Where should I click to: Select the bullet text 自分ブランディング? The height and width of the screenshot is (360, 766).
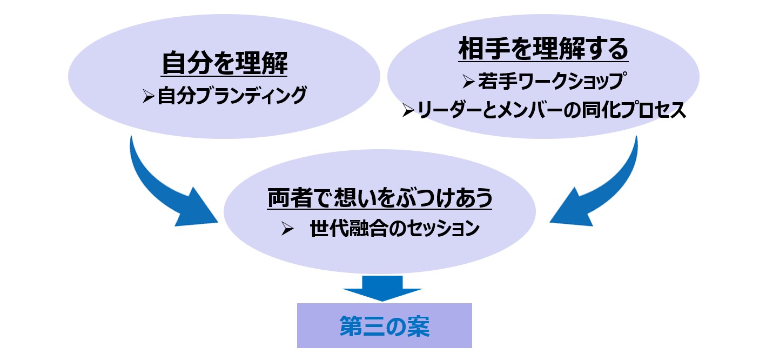click(x=232, y=96)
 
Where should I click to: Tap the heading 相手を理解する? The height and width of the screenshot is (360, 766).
click(x=543, y=50)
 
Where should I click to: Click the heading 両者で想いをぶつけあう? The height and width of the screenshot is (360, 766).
click(x=380, y=199)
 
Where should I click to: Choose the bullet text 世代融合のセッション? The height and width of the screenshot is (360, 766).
click(x=395, y=229)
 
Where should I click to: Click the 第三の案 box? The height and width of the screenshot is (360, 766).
click(x=385, y=325)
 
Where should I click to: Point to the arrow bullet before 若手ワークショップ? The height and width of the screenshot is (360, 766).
click(x=468, y=82)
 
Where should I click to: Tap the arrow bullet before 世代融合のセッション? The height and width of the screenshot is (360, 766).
click(x=287, y=229)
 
